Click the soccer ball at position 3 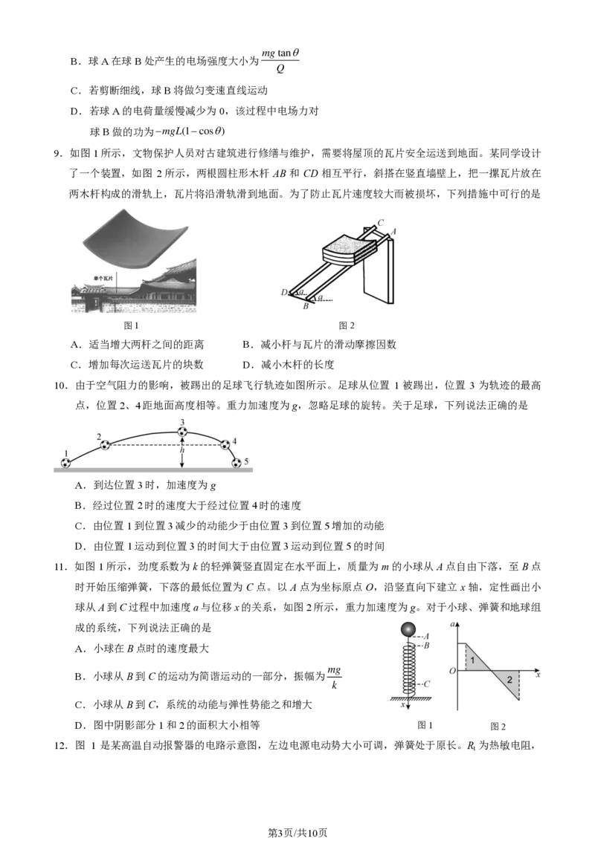182,431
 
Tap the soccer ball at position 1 65,463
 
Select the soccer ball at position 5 237,463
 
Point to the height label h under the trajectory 182,450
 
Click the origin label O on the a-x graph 452,670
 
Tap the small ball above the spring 408,629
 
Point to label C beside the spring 426,683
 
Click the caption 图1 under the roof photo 131,325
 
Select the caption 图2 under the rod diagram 347,325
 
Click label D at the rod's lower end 284,292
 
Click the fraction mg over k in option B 334,678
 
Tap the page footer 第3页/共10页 297,832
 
